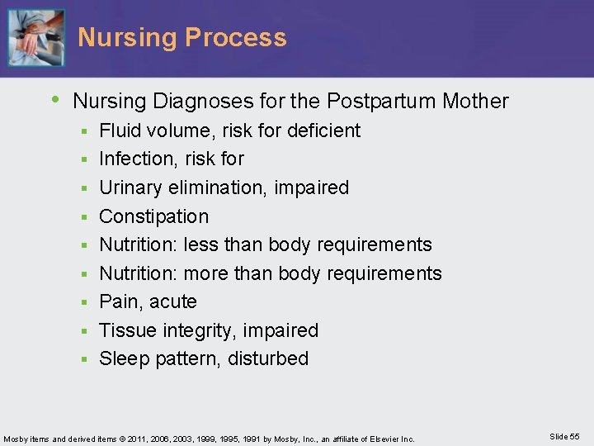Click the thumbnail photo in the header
pyautogui.click(x=35, y=38)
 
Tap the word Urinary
pyautogui.click(x=131, y=187)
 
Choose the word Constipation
pyautogui.click(x=154, y=216)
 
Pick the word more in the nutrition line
pyautogui.click(x=205, y=273)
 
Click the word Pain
pyautogui.click(x=117, y=301)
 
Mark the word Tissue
pyautogui.click(x=125, y=330)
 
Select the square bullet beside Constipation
pyautogui.click(x=84, y=217)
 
